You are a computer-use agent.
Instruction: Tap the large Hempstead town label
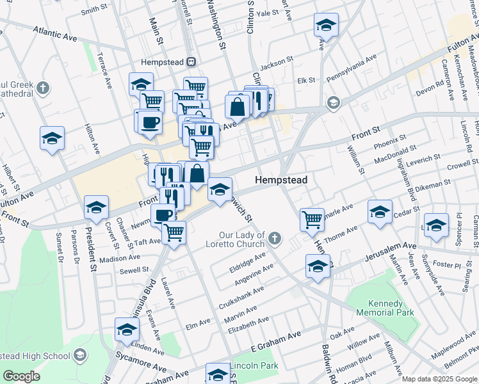[280, 180]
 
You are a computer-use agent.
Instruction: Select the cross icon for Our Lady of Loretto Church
[275, 239]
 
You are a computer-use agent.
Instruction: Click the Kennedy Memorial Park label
[382, 308]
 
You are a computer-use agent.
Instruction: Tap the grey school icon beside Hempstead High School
[80, 355]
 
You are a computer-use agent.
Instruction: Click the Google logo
[21, 376]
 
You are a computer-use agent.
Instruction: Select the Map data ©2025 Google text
[439, 379]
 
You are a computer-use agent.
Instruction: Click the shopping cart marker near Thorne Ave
[312, 219]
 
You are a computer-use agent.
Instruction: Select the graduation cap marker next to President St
[96, 207]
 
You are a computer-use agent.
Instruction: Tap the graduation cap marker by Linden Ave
[127, 329]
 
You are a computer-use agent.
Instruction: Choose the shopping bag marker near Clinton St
[238, 106]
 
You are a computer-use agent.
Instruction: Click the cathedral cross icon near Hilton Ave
[43, 88]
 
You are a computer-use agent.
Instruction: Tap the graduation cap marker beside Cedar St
[380, 211]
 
